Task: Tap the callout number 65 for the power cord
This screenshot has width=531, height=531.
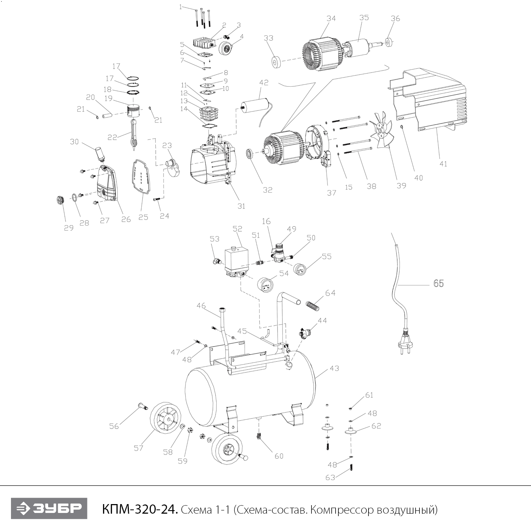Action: click(x=438, y=284)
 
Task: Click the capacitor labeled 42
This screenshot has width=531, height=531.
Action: click(x=255, y=105)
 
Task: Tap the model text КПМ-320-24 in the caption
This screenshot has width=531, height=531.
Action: click(x=139, y=509)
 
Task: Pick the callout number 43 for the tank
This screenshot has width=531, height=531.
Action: click(x=334, y=368)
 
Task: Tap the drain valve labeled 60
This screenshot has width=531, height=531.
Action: click(x=259, y=435)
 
